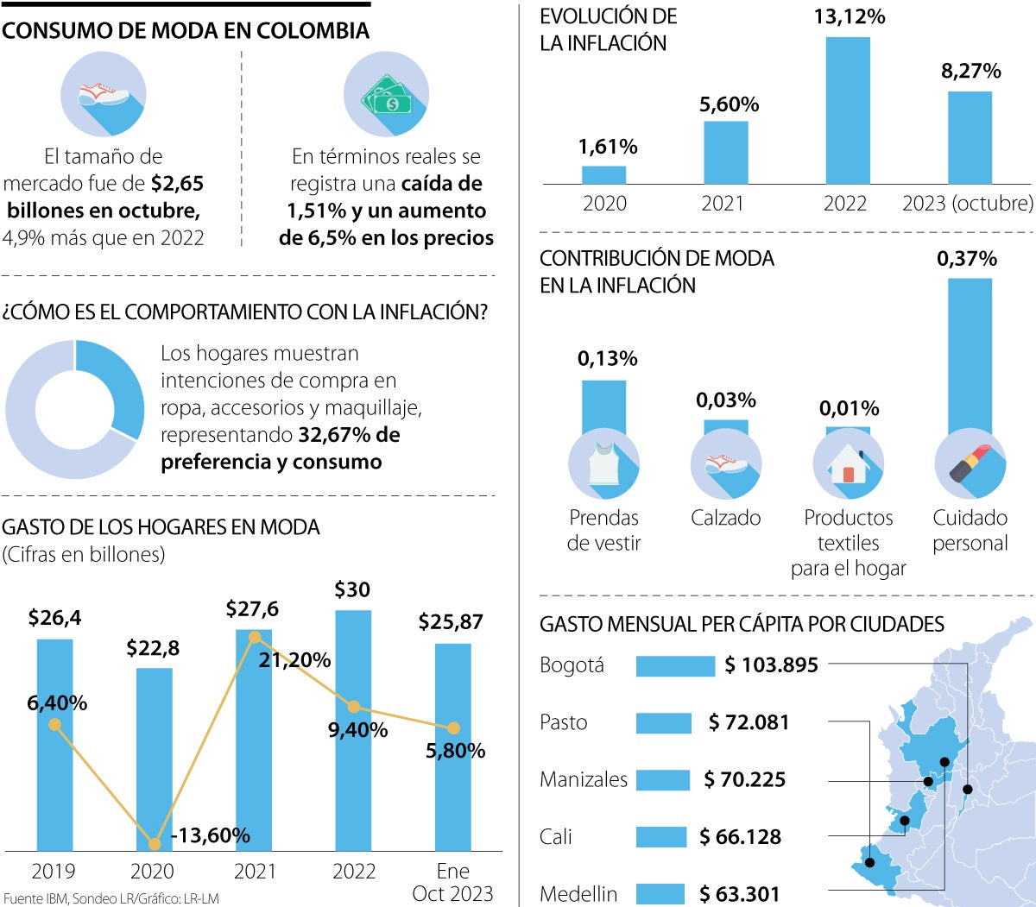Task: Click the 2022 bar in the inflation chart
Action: click(847, 110)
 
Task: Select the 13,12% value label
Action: click(849, 17)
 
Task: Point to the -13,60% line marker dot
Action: click(155, 844)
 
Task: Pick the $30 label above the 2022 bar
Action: click(352, 590)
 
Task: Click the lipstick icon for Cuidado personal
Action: click(970, 465)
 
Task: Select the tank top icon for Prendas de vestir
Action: click(603, 464)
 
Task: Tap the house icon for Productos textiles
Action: click(848, 464)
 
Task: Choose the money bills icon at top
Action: click(386, 94)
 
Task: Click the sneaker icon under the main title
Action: click(103, 94)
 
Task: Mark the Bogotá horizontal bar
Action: click(675, 665)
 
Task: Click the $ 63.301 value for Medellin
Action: click(739, 894)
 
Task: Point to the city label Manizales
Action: click(583, 780)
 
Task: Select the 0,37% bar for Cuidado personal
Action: click(970, 354)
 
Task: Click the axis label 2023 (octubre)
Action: click(967, 204)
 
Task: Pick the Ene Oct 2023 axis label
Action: click(452, 882)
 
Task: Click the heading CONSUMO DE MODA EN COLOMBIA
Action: click(186, 31)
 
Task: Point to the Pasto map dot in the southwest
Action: click(869, 862)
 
